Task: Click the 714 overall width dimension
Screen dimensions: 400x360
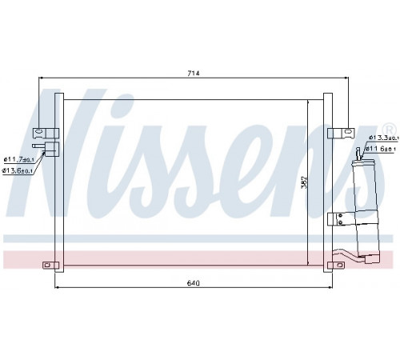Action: click(x=194, y=73)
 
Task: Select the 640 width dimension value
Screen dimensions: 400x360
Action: click(x=194, y=283)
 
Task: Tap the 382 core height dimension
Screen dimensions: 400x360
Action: click(x=304, y=182)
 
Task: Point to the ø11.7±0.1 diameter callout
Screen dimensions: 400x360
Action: click(x=19, y=160)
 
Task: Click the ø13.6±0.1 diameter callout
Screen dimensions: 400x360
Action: click(x=18, y=171)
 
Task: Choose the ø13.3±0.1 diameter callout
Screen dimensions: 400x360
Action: click(x=384, y=138)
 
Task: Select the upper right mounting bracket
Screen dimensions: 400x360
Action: click(x=341, y=133)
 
